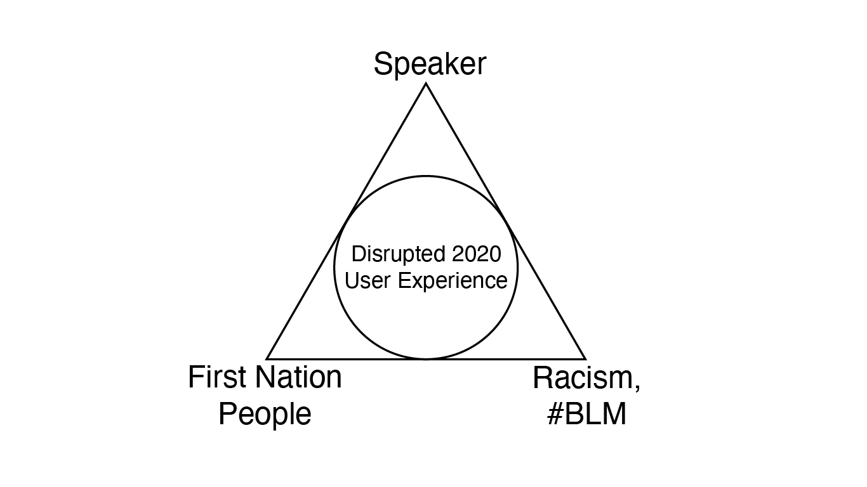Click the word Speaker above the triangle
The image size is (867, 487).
430,65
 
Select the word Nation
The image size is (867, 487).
298,377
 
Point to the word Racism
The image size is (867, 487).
584,378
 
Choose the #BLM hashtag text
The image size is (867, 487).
586,414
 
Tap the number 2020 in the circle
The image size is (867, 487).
477,254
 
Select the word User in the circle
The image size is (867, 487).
367,280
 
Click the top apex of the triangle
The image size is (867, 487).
426,84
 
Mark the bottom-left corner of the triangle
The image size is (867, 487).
267,359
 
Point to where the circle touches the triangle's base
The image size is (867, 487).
426,359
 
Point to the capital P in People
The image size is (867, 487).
228,413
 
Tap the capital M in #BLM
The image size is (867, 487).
615,414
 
